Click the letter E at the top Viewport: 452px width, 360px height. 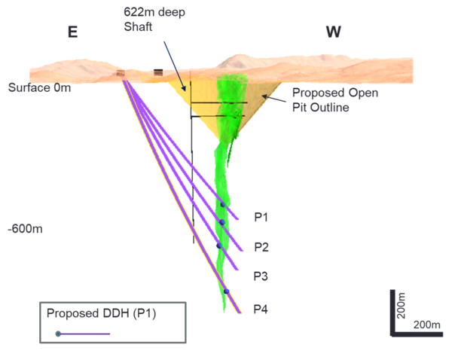(72, 32)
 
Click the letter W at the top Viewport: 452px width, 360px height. (334, 32)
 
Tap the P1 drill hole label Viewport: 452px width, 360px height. (261, 218)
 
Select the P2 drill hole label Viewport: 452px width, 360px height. (261, 247)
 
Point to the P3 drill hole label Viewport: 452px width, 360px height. (261, 276)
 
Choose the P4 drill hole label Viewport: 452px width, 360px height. (261, 308)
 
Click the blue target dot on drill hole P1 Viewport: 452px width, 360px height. (222, 205)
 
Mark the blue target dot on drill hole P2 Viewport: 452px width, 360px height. (221, 222)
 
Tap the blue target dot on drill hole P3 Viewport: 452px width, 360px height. (219, 246)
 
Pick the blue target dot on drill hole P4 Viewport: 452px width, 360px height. (226, 291)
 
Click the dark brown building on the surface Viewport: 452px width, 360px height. (158, 72)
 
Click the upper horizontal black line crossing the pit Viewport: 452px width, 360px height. (218, 102)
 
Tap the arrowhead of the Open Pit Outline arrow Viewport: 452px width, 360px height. (264, 96)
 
